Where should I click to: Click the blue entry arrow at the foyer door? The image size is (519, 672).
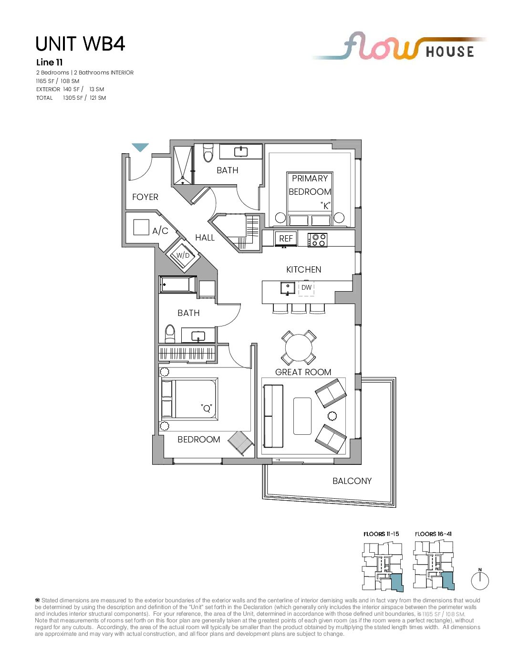point(140,147)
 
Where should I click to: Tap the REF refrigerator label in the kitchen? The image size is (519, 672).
point(286,239)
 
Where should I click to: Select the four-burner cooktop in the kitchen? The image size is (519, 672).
point(317,240)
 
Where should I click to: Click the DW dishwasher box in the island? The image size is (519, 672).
point(306,288)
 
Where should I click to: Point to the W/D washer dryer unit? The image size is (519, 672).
point(183,255)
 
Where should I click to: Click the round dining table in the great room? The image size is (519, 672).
point(299,347)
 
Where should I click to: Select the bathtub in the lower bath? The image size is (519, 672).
point(178,284)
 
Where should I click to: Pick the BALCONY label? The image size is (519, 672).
point(352,481)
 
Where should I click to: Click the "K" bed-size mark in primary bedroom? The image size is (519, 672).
point(325,205)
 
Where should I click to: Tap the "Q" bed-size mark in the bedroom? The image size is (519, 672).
point(206,409)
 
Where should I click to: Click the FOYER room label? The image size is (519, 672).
point(145,197)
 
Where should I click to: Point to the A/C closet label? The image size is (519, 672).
point(160,231)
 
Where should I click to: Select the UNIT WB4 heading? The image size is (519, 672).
point(80,43)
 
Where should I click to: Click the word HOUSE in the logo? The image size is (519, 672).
point(450,52)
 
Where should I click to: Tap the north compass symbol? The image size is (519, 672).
point(480,580)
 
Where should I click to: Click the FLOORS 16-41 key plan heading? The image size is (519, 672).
point(434,534)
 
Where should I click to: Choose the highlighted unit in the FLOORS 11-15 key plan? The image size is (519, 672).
point(397,582)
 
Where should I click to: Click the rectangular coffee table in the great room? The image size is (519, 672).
point(302,416)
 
